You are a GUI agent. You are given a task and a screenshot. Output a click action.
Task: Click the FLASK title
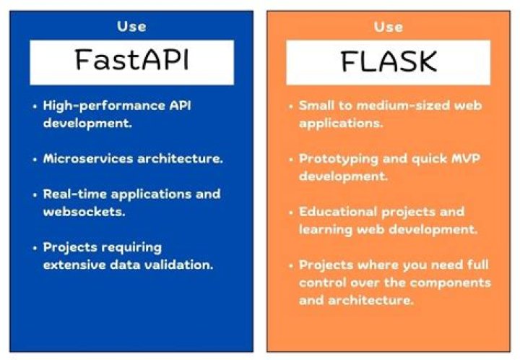(389, 62)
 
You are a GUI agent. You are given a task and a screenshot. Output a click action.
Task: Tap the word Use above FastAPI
(131, 27)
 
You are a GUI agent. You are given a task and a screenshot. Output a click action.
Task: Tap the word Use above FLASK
(389, 27)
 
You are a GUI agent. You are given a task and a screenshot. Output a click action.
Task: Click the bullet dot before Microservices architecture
(35, 159)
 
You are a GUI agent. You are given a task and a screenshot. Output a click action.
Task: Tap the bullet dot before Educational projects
(291, 213)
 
